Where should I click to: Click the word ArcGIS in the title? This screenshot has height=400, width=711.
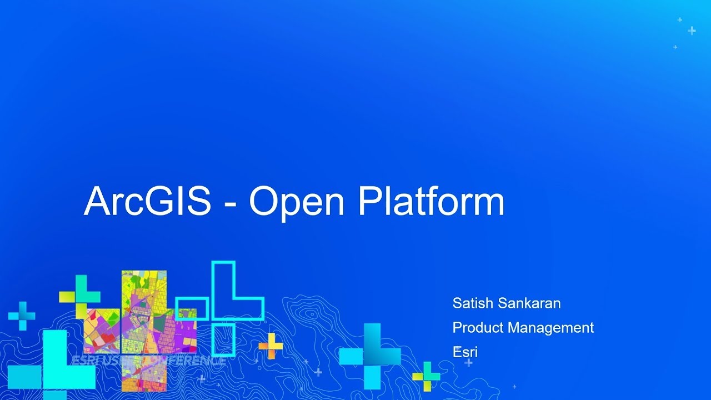point(147,201)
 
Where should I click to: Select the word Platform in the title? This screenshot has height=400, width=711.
point(431,201)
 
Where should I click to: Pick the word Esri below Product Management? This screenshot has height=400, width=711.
point(465,352)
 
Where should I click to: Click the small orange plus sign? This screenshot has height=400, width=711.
point(271,346)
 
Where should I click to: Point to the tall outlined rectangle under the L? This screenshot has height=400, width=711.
point(223,339)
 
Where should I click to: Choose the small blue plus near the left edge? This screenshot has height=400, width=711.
point(22,316)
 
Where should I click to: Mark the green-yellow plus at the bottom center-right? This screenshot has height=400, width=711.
point(426,377)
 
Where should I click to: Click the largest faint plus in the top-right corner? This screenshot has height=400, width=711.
point(692,31)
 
